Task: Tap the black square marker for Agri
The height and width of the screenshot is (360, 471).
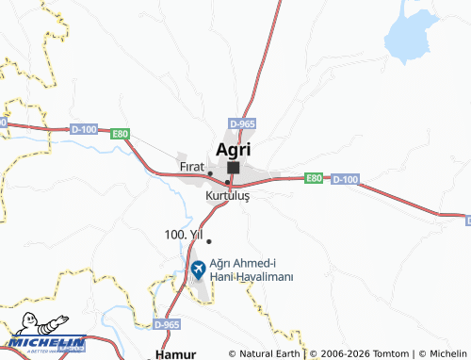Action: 233,168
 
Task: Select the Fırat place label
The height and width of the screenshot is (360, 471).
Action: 191,167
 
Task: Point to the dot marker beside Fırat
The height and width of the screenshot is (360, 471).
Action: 209,173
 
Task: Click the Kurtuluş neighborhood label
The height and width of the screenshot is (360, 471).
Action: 227,197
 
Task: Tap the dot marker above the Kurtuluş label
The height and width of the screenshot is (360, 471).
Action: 227,182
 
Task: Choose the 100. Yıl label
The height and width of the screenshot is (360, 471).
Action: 183,233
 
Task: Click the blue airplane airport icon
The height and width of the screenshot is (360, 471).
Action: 198,270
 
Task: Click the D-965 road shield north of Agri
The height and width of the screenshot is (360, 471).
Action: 242,123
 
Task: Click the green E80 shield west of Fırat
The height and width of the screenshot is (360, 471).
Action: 118,134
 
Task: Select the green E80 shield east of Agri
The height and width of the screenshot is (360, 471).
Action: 315,177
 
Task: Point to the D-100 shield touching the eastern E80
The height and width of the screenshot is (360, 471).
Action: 345,178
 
